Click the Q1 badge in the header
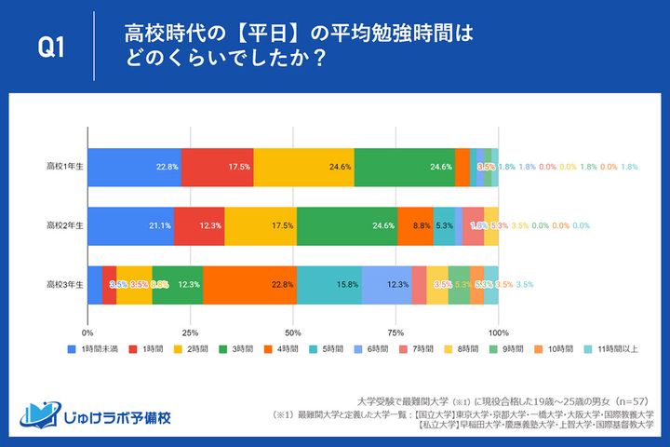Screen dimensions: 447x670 52,48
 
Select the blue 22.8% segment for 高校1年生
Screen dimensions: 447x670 134,167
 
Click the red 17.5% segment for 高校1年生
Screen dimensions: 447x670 217,167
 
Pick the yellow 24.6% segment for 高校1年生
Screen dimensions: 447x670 303,167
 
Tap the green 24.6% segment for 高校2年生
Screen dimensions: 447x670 347,225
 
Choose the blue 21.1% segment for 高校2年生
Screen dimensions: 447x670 130,225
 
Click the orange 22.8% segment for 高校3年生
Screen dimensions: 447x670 249,284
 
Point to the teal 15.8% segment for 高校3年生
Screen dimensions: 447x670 328,284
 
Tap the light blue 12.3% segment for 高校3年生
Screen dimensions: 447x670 386,284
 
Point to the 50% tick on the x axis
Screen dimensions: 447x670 293,332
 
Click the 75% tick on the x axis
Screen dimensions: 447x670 395,332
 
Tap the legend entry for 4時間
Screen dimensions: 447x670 282,350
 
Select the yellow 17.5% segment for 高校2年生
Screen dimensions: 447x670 261,225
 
